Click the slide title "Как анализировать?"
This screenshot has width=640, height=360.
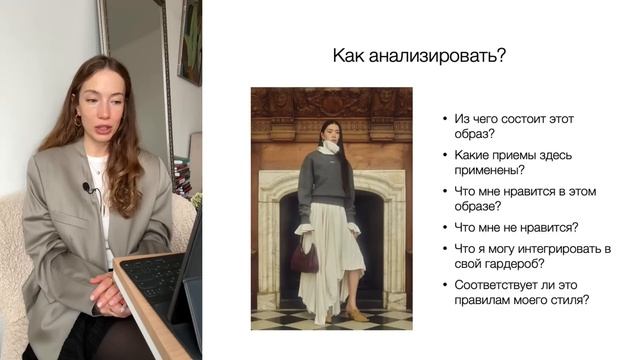(x=418, y=56)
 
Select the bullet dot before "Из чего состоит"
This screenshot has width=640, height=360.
(x=446, y=119)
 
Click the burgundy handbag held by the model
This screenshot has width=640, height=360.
(x=304, y=259)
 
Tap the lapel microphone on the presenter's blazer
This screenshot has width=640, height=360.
(x=88, y=187)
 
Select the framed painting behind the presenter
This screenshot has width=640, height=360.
(x=189, y=40)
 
